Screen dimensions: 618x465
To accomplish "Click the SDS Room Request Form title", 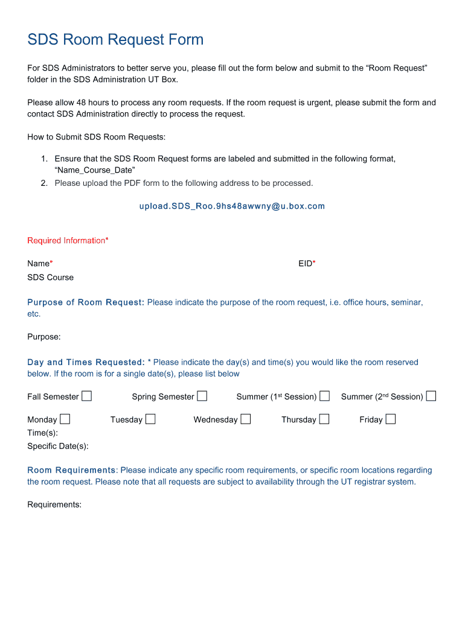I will tap(115, 40).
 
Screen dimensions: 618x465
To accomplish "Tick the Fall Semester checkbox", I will tap(87, 396).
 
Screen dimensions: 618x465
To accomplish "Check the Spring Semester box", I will tap(202, 396).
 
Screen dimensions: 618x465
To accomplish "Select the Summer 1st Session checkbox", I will tap(325, 396).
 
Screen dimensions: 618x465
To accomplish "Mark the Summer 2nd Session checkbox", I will tap(431, 396).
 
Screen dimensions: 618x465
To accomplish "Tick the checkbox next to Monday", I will tap(65, 419).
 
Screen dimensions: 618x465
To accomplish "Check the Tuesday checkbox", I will tap(150, 419).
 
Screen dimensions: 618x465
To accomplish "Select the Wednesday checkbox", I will tap(246, 419).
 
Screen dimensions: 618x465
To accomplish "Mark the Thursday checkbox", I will tap(324, 419).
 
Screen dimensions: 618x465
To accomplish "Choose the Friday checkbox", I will tap(391, 419).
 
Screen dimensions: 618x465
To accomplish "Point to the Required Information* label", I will tap(68, 241).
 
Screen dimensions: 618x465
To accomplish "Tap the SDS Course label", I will tap(51, 278).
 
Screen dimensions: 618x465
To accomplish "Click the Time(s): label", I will tap(43, 433).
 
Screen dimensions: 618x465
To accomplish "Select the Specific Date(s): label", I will tap(58, 446).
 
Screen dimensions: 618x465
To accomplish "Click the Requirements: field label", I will tap(54, 505).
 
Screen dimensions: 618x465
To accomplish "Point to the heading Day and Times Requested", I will tap(86, 362).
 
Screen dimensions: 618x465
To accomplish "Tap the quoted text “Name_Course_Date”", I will tap(95, 171).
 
